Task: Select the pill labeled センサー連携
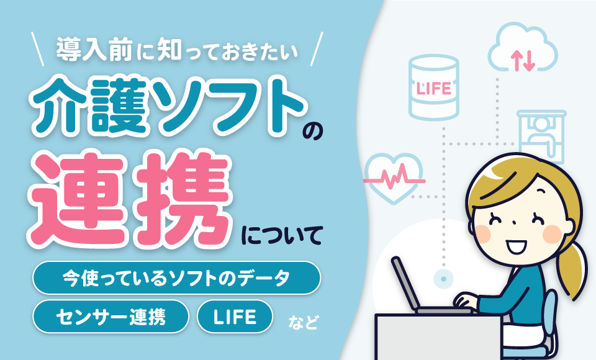111,317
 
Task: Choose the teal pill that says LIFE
235,317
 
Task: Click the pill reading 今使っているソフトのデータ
176,277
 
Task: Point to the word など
302,322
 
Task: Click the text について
282,236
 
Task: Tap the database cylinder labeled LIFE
434,88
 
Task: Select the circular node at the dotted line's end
443,279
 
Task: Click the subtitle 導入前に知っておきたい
178,50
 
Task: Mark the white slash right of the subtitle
316,49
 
